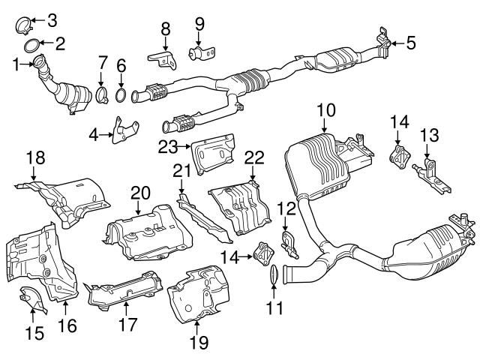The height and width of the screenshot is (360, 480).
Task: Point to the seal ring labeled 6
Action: click(121, 94)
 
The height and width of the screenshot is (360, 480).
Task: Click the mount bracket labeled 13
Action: click(429, 171)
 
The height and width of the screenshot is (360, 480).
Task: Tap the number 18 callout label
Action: click(35, 157)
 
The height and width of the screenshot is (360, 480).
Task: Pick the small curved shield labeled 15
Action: click(30, 303)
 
